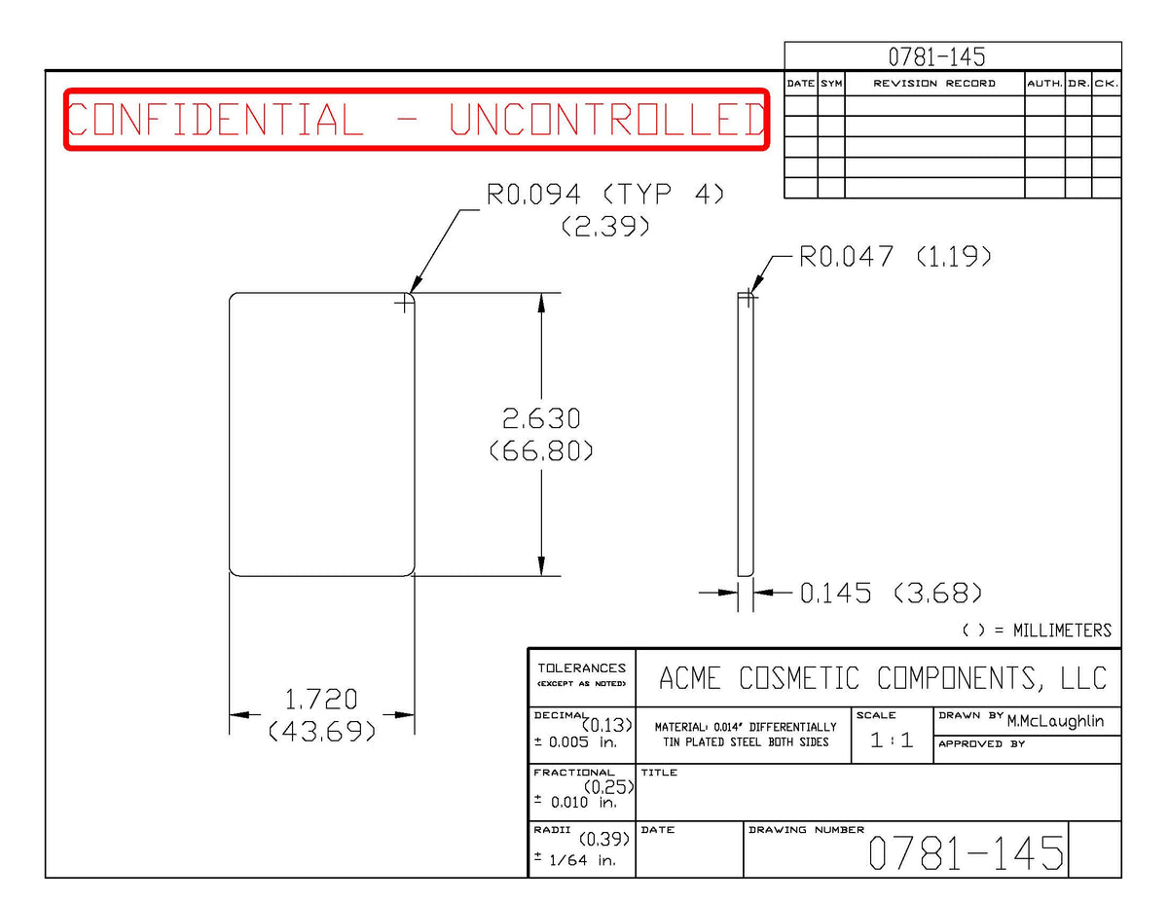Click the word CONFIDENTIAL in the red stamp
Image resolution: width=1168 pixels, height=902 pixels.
[215, 119]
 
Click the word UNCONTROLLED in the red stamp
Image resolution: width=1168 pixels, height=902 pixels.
[606, 119]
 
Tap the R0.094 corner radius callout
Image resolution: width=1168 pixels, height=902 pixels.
[532, 194]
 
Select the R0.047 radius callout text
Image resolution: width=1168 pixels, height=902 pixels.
[846, 256]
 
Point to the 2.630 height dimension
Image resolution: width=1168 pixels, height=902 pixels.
[541, 418]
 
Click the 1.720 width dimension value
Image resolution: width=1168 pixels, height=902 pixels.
[321, 699]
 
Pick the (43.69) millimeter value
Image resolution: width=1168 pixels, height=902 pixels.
[321, 731]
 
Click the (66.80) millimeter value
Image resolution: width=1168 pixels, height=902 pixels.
[541, 451]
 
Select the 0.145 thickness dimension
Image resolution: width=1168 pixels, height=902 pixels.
[835, 594]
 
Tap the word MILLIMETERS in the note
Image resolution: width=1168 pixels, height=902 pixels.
[1062, 631]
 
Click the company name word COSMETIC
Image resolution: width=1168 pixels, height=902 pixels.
[799, 678]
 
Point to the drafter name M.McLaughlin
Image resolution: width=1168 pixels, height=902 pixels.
[1056, 721]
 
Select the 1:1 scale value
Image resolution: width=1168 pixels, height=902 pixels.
[892, 740]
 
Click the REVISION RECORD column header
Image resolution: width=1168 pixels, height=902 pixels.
[934, 84]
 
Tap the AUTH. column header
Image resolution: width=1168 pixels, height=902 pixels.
[1045, 84]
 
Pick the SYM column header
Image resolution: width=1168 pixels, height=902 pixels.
[831, 84]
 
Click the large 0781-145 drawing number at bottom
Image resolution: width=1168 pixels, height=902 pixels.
[966, 853]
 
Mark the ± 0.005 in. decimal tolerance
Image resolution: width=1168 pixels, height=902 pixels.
[575, 742]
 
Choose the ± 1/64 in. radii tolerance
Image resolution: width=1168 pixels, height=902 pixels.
[575, 860]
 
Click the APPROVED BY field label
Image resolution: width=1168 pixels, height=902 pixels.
[981, 744]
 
